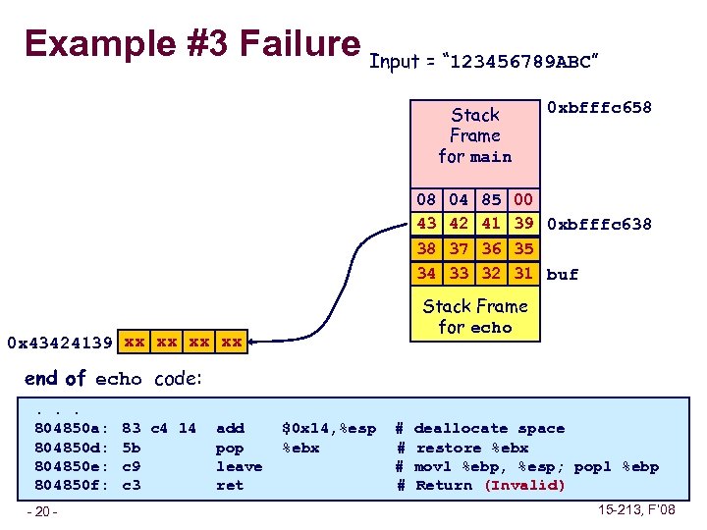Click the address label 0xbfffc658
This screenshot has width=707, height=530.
(x=599, y=106)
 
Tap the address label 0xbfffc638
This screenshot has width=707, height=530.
(x=599, y=224)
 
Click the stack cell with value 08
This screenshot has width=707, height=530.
(x=426, y=200)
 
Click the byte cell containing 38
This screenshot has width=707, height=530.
(x=426, y=250)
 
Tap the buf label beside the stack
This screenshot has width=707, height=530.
(x=563, y=275)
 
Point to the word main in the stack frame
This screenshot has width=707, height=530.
(x=491, y=157)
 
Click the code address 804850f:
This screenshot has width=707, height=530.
(x=70, y=485)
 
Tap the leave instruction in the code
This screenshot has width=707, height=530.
(x=239, y=466)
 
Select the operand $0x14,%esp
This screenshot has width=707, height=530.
(x=328, y=429)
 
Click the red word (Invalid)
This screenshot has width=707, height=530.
(x=525, y=485)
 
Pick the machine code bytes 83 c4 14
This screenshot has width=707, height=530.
(x=158, y=429)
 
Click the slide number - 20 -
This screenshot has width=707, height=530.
(x=43, y=511)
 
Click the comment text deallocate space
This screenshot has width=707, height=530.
(x=489, y=429)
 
